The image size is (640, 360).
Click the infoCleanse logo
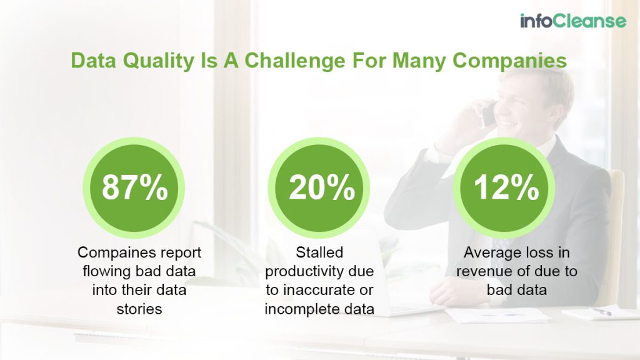click(572, 21)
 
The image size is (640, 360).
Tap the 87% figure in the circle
click(134, 187)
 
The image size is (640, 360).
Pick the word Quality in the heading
click(141, 61)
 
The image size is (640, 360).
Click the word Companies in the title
click(509, 61)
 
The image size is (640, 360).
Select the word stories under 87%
click(135, 308)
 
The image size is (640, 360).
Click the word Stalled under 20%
click(319, 253)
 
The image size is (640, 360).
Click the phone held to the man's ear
click(487, 116)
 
